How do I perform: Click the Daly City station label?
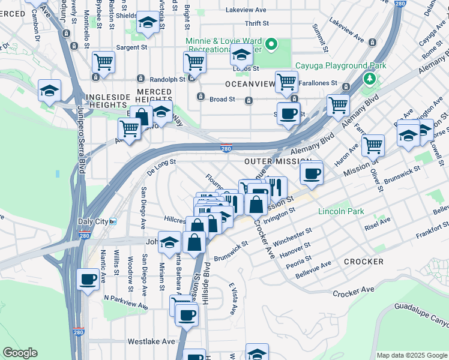coord(93,221)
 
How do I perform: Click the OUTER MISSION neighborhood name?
coord(278,162)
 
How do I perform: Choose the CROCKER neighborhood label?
coord(364,262)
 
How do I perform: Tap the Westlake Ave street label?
coord(151,341)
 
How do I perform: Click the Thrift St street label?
coord(257,23)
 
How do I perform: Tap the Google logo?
coord(20,353)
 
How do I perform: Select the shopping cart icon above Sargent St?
coord(104,61)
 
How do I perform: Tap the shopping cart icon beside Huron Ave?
coord(373,144)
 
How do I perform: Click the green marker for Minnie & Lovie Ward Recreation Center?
coord(271,43)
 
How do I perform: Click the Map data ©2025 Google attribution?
coord(412,355)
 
